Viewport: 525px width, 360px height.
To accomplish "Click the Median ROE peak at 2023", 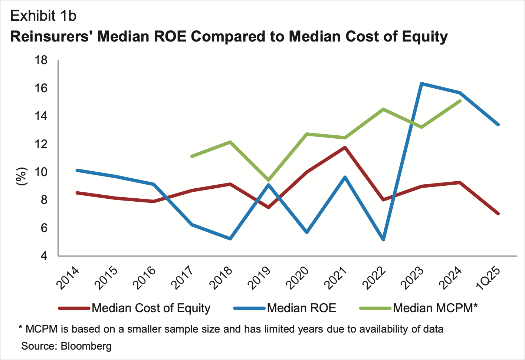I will tap(421, 84).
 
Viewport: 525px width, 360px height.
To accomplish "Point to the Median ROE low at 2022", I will tap(383, 240).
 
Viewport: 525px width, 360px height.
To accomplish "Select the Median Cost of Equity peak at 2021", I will tap(345, 148).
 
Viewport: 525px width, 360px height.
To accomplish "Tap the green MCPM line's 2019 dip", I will tap(268, 180).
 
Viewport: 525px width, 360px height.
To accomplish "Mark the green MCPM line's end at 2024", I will tap(460, 101).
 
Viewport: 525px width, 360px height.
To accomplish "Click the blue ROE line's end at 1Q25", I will tap(498, 125).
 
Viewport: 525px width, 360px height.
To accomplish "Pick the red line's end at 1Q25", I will tap(498, 214).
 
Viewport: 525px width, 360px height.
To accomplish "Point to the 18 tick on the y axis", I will tap(41, 60).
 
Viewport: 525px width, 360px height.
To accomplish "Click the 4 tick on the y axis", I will tap(44, 256).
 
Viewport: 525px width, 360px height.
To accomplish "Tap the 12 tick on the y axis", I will tap(41, 144).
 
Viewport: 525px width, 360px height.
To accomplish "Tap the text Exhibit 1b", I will tap(43, 16).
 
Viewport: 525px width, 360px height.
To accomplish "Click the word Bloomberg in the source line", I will tap(86, 346).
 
